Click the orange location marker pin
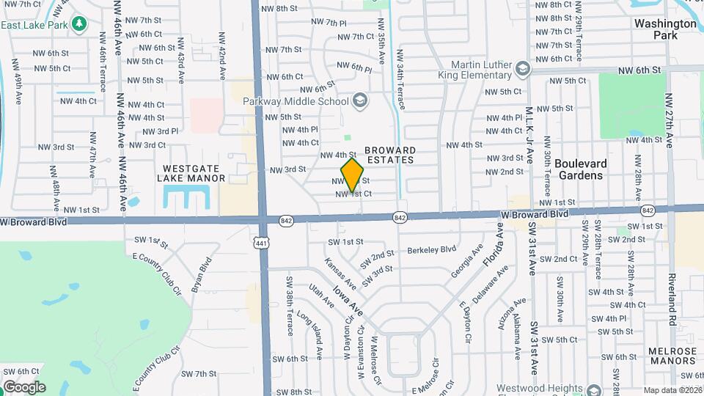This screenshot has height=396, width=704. pos(353,175)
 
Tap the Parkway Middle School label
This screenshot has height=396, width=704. pos(298,100)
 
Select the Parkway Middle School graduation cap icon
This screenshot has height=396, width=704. pos(359,100)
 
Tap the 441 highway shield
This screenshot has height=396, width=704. pos(261,242)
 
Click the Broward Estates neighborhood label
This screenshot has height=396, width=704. pos(391,155)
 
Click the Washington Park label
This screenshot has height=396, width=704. pos(665,29)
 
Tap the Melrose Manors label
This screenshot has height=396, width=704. pos(672,356)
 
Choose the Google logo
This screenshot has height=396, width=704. pos(24,386)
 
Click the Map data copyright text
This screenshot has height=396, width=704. pos(673,390)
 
